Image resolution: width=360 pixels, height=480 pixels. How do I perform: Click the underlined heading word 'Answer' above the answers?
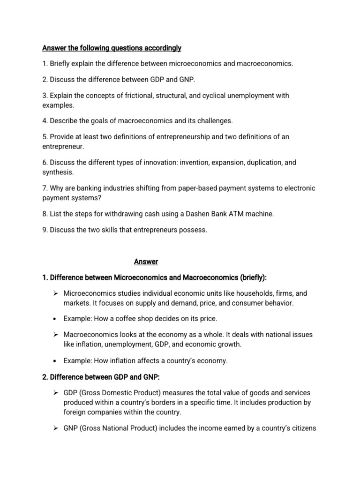pos(146,262)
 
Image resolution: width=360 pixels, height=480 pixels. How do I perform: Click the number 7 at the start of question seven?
pos(44,188)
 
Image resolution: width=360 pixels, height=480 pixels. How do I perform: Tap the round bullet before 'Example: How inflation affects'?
pos(55,360)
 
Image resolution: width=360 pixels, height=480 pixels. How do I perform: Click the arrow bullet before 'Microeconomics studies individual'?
pos(55,293)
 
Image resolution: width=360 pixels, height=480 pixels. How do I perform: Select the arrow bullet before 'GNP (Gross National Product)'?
pos(55,428)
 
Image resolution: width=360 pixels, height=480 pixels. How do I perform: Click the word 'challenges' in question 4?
pos(214,121)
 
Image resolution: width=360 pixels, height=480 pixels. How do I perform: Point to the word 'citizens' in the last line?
pos(303,428)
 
